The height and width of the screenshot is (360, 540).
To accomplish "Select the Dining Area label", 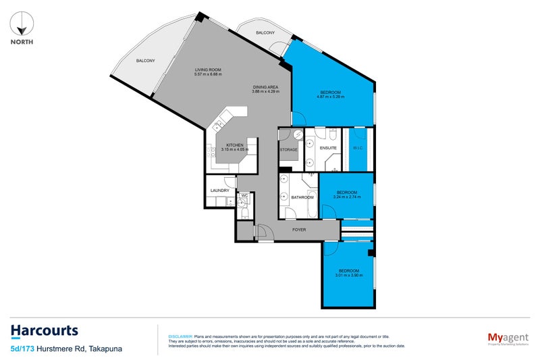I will [263, 86].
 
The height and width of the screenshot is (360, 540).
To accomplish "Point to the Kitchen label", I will [234, 145].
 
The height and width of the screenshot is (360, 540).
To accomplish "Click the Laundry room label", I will [220, 190].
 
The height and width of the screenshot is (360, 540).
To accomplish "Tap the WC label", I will [244, 196].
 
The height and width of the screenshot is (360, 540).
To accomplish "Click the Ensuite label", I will [328, 148].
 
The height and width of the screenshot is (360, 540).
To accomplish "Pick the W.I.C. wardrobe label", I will [357, 148].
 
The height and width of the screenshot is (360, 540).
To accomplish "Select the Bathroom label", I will [302, 197].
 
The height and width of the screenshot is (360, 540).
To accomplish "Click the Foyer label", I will [298, 230].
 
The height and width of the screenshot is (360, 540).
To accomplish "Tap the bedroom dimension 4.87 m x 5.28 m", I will [331, 97].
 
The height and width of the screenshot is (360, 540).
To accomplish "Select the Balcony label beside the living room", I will [145, 61].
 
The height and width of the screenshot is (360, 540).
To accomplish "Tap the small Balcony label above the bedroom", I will [265, 32].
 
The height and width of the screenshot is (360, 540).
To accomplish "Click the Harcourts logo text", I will [45, 331].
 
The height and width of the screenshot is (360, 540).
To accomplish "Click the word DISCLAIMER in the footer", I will [180, 336].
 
